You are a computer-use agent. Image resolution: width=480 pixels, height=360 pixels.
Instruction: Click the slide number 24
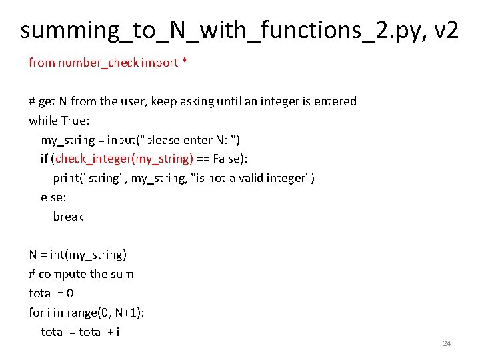tap(447, 343)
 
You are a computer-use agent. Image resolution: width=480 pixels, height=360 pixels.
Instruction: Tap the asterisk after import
tap(185, 63)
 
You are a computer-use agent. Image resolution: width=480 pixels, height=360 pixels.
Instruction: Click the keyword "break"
tap(68, 217)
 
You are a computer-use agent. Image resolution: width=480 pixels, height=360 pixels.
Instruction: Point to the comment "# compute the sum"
tap(81, 274)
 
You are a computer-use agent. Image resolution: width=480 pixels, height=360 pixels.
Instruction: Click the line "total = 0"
tap(51, 293)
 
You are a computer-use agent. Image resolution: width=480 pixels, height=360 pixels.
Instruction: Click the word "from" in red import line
tap(41, 63)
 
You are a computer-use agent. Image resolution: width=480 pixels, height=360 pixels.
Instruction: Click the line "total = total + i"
tap(80, 332)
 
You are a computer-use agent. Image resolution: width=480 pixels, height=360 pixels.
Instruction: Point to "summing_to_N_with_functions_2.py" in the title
tap(207, 30)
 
